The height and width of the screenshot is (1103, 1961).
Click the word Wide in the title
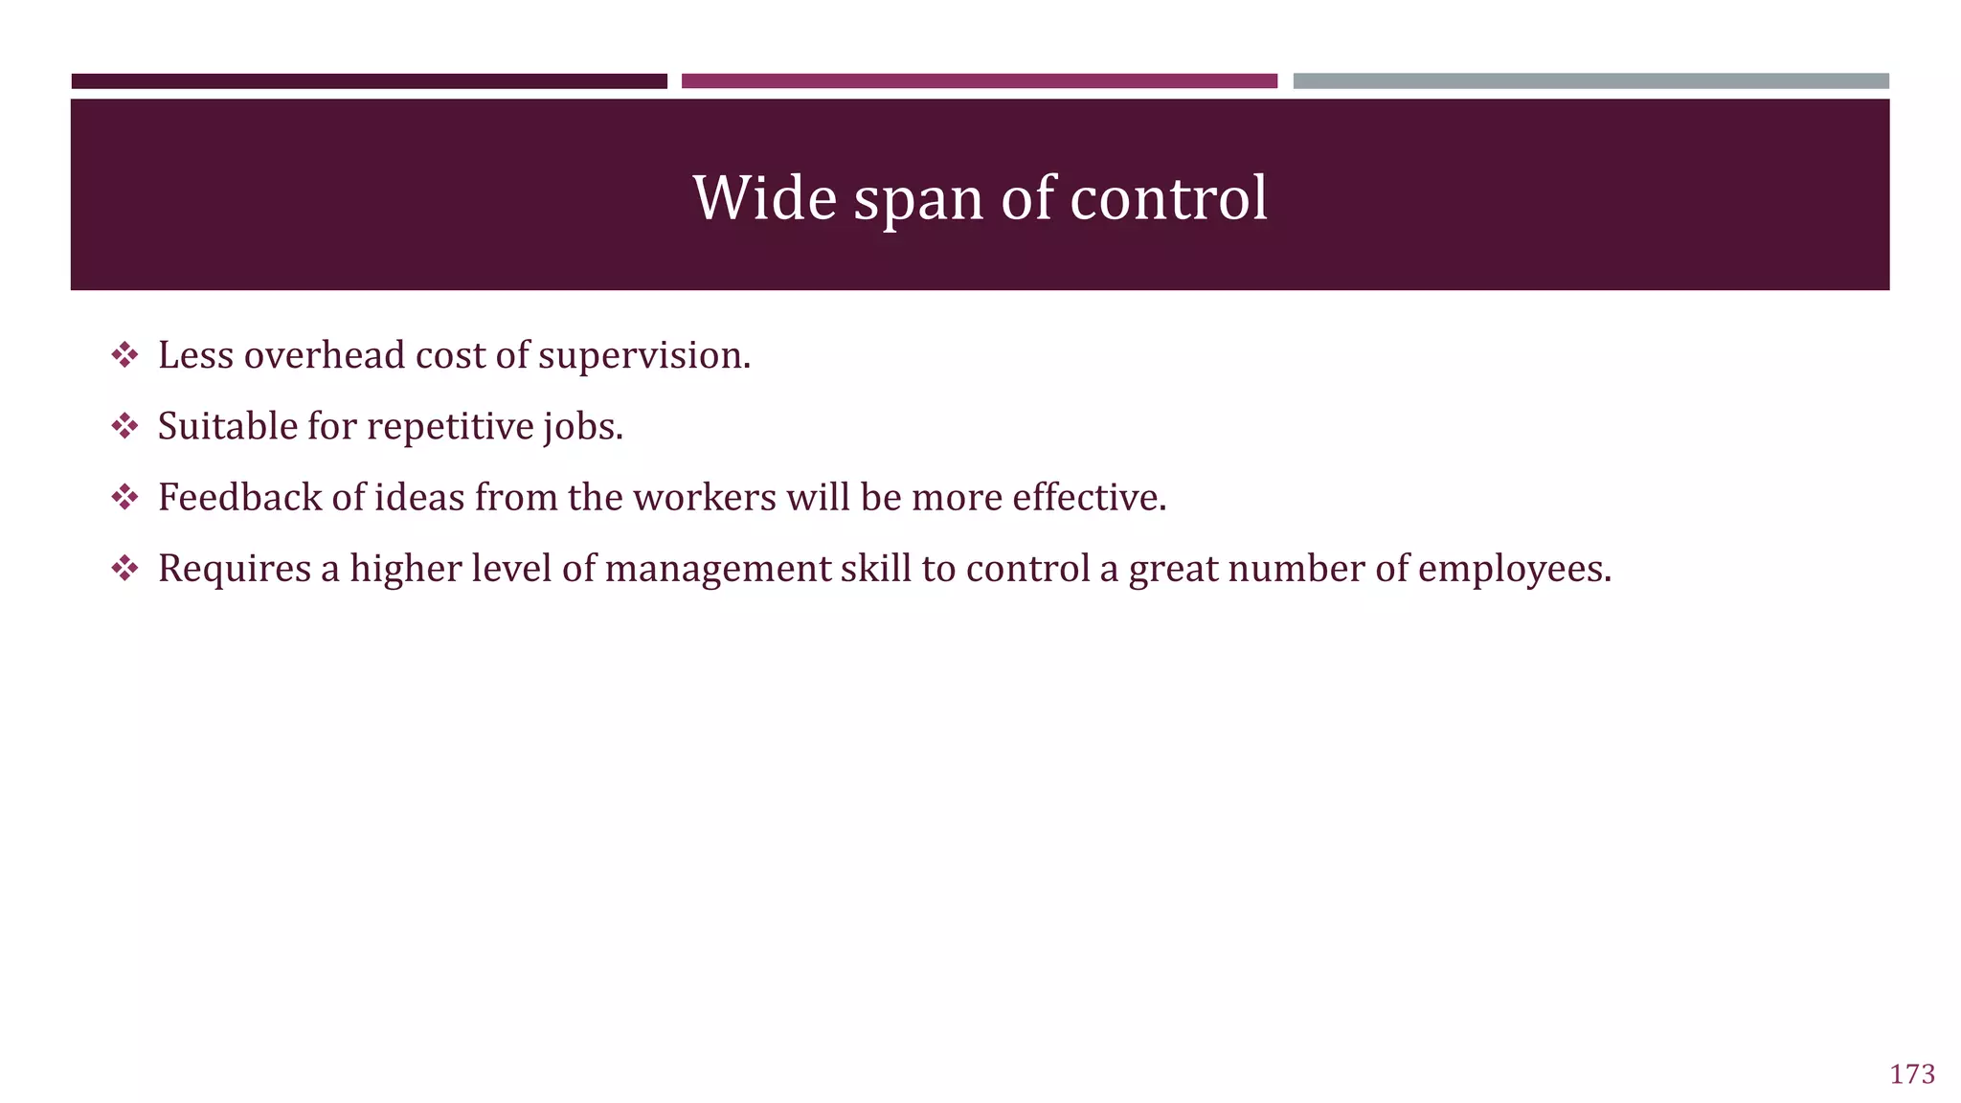pos(764,198)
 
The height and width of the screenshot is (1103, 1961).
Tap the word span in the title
pos(918,200)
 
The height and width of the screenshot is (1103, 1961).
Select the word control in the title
pos(1168,198)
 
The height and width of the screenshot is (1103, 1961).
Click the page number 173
pos(1912,1074)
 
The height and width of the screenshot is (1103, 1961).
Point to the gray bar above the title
pos(1590,81)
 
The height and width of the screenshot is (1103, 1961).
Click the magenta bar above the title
pos(979,81)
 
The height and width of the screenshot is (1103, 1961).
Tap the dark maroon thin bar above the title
pos(369,81)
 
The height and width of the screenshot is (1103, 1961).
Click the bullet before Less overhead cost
pos(124,355)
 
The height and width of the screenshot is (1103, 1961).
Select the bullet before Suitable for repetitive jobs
pos(124,426)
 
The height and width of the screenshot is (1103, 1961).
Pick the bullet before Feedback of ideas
pos(124,497)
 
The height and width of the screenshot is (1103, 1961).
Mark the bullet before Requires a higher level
pos(124,568)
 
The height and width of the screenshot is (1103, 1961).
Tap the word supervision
pos(643,357)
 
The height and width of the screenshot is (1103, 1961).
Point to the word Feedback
pos(239,497)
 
